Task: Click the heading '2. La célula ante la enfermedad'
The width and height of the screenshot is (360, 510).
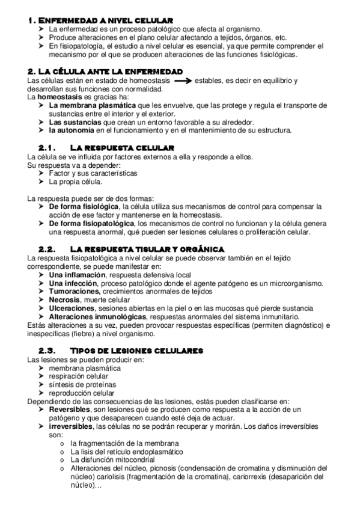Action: [x=106, y=71]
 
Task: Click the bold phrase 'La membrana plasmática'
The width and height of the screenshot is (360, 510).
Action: [x=88, y=105]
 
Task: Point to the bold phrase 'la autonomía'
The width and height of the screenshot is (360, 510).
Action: [x=72, y=131]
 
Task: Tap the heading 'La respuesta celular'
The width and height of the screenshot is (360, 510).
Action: [x=123, y=147]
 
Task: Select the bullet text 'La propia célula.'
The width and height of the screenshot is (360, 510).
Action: [x=76, y=181]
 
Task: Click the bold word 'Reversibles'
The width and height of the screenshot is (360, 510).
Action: [x=72, y=409]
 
